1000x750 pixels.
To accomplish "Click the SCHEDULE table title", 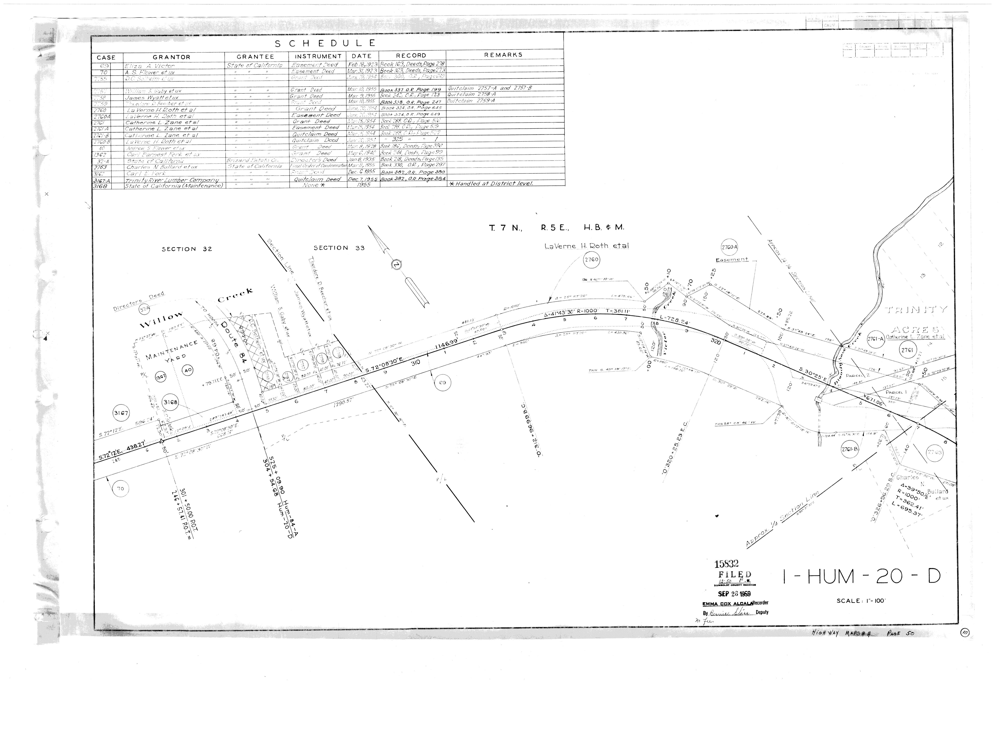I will tap(325, 43).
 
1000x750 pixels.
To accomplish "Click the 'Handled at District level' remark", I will tap(491, 184).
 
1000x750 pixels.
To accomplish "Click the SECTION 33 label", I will tap(339, 248).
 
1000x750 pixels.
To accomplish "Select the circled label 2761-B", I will tap(850, 449).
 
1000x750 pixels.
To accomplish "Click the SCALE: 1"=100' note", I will tap(861, 601).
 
